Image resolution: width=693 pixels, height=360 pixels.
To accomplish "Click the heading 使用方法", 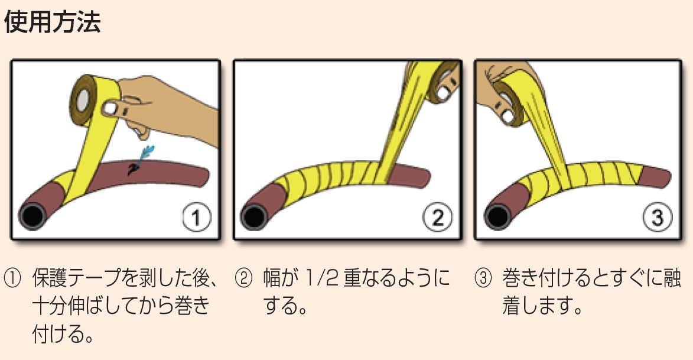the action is (x=52, y=22).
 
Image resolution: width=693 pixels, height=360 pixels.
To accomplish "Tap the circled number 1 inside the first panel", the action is (x=197, y=218).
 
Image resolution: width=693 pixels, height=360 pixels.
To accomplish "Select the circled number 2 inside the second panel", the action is (x=438, y=218).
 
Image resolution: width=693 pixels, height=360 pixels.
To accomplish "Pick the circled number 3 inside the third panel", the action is (x=657, y=218).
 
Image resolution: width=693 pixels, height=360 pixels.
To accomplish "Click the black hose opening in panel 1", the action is (x=32, y=216).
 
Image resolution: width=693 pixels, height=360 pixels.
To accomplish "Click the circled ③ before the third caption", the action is (x=483, y=278).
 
